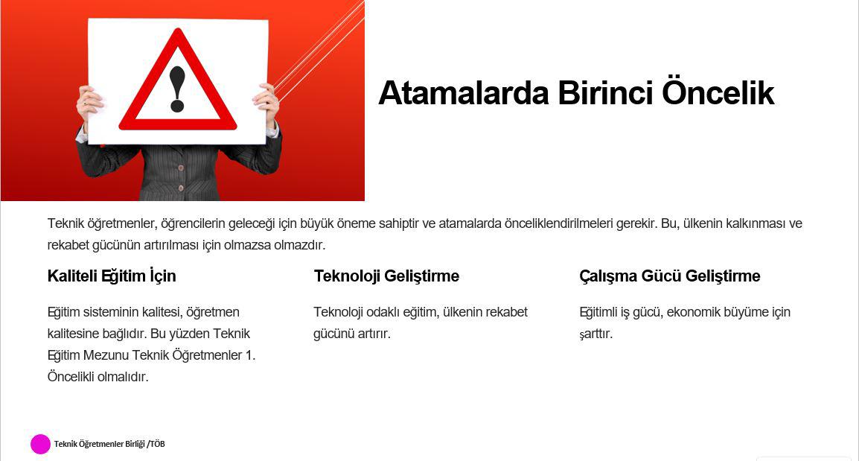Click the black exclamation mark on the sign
click(177, 89)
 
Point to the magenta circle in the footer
click(40, 444)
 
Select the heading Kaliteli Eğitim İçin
click(112, 276)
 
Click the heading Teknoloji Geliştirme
click(386, 276)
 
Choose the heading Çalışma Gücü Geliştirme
click(669, 276)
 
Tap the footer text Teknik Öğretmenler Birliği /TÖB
click(109, 444)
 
